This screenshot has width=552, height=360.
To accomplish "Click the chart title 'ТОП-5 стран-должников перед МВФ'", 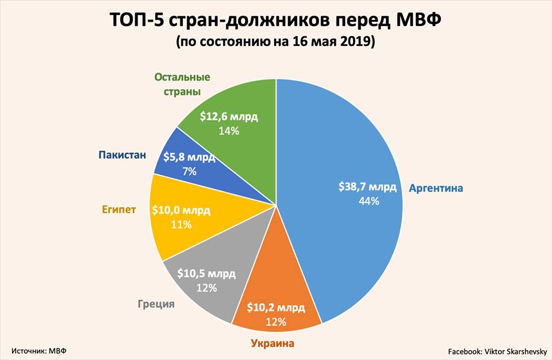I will point(275,21).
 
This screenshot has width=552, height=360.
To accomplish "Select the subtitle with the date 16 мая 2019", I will point(275,42).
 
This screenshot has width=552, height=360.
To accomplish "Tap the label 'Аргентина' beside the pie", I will point(435,188).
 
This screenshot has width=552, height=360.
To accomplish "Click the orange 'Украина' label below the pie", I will point(272,343).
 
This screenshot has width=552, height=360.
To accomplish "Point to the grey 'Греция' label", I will point(156,303).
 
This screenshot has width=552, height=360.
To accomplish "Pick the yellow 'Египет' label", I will point(120,209).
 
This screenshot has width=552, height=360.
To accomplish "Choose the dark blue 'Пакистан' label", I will point(122,155).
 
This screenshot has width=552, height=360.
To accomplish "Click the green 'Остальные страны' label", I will point(182,84).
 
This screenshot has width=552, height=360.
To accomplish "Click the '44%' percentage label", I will point(368,201).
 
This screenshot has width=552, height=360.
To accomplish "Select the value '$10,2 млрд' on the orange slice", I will point(275,308).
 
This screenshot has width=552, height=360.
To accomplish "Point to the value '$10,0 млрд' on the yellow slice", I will point(180,210).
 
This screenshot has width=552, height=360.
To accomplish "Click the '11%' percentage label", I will point(181,225).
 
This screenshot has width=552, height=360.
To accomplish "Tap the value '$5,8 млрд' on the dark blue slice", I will point(189,157).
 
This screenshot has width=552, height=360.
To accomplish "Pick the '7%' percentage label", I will point(189,171).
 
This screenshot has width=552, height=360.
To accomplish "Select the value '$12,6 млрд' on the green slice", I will point(229,117).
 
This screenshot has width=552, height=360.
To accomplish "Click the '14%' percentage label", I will point(229,131).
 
